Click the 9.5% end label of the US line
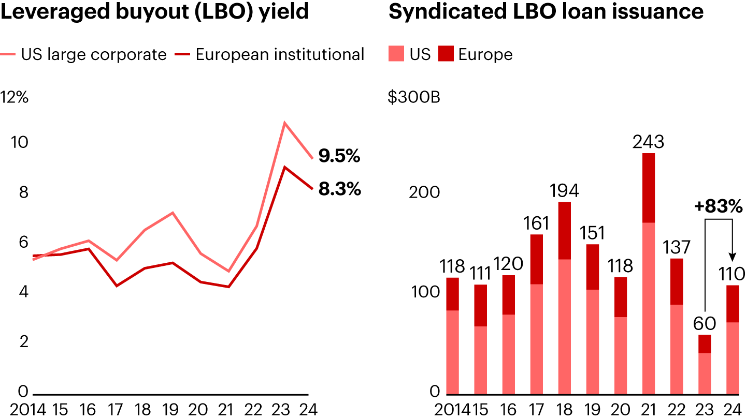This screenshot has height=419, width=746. coord(339,156)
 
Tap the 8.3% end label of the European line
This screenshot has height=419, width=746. coord(339,189)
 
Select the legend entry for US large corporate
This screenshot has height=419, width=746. coord(93,54)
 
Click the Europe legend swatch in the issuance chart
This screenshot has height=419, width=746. coord(446,54)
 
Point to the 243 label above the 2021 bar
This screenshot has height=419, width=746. coord(648,141)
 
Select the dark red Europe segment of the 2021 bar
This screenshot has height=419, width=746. coord(648,188)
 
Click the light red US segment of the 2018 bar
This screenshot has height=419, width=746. coord(564,326)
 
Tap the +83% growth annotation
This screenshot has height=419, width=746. coord(719,206)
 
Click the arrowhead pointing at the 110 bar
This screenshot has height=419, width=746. coord(733,256)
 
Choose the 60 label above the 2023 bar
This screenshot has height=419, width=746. coord(705,324)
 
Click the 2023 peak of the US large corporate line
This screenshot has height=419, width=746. coord(284,123)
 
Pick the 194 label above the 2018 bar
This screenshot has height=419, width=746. coord(564,191)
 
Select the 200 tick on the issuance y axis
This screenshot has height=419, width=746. coord(424,192)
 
